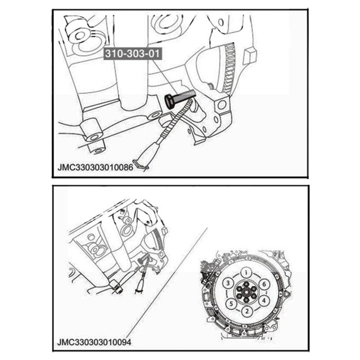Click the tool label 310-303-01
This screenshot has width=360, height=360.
132,54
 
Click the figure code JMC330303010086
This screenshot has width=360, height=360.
95,167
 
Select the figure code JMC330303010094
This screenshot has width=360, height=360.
94,342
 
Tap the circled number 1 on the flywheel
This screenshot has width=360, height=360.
246,273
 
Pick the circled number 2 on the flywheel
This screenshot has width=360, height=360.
247,311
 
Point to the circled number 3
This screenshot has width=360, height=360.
228,283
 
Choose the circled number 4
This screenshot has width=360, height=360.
264,301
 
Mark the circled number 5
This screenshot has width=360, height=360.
231,303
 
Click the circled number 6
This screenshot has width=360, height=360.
264,284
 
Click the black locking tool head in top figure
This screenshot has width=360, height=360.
170,102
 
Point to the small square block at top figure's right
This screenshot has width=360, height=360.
250,55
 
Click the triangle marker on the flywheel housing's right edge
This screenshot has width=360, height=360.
287,294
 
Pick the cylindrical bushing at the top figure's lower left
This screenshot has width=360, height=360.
92,130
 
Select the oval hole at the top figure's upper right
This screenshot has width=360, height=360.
221,22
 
